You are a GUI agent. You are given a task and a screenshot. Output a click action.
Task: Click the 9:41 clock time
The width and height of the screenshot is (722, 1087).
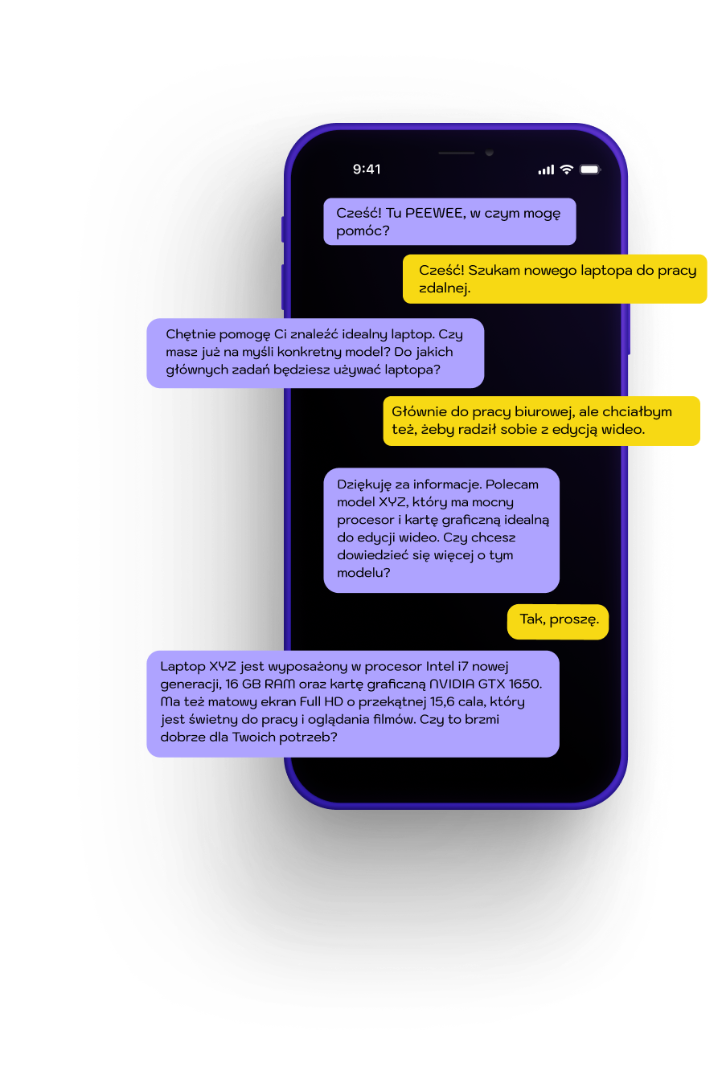point(367,169)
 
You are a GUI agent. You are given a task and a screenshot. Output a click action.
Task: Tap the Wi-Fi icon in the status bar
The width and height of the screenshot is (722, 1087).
point(567,169)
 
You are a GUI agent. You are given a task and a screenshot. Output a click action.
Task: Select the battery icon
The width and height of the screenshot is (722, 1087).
point(590,169)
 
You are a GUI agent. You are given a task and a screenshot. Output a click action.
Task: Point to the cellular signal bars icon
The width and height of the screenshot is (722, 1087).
point(546,170)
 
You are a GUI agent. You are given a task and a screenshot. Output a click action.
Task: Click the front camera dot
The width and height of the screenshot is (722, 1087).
point(489,152)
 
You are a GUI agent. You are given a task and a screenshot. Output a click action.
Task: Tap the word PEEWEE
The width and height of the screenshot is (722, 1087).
point(435,213)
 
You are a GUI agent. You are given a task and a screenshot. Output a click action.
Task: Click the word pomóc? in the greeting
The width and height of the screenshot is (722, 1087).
point(363,231)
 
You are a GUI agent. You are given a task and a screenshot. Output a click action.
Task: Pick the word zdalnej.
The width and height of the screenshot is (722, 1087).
point(444,288)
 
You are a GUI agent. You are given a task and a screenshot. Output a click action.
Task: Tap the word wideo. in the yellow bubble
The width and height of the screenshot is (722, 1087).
point(622,429)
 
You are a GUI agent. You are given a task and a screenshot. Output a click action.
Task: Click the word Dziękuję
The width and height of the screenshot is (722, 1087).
point(364,484)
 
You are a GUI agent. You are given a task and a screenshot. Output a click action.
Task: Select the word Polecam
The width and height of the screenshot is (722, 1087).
point(512,484)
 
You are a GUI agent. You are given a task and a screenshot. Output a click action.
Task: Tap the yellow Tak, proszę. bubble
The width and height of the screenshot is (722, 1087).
point(559,619)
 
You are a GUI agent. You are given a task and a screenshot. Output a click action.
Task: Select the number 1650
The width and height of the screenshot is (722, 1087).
point(525,684)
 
